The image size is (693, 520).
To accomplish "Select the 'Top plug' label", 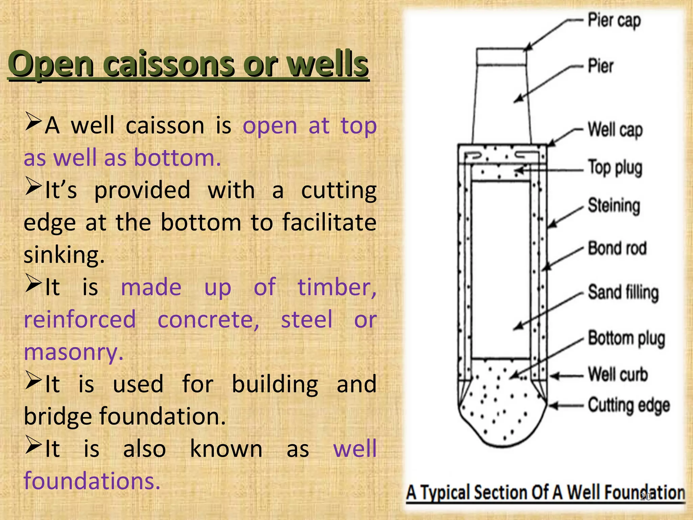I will pyautogui.click(x=615, y=168).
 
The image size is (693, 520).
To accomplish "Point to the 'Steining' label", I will pyautogui.click(x=614, y=205).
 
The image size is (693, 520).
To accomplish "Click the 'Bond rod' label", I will pyautogui.click(x=617, y=248).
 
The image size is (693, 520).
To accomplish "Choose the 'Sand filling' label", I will pyautogui.click(x=623, y=292).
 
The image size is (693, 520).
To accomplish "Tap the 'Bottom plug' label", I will pyautogui.click(x=626, y=338).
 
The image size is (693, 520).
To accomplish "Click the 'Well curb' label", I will pyautogui.click(x=618, y=374).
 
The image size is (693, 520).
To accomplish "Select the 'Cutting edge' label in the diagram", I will pyautogui.click(x=629, y=406).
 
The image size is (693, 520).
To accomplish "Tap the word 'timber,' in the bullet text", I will pyautogui.click(x=337, y=287).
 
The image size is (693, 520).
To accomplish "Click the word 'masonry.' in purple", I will pyautogui.click(x=73, y=352).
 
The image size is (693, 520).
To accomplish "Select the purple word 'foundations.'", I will pyautogui.click(x=92, y=481).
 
